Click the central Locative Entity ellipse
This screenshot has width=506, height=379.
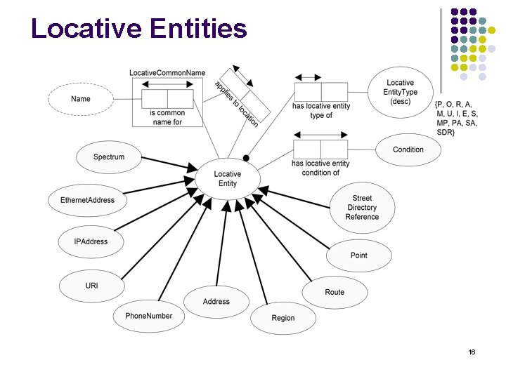[227, 179]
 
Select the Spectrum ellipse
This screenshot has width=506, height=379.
[109, 157]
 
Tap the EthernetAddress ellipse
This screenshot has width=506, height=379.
[87, 200]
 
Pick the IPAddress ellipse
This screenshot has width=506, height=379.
[91, 241]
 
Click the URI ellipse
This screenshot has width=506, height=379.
[91, 286]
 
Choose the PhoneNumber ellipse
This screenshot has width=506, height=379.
[148, 316]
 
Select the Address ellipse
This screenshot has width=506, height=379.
[216, 302]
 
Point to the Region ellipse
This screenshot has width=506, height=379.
[283, 318]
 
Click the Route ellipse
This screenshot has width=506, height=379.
[335, 292]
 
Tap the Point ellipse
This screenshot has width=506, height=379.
[358, 255]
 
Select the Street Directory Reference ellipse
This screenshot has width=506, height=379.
[362, 208]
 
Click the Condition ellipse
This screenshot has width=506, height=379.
[408, 149]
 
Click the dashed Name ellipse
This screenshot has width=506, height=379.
[81, 99]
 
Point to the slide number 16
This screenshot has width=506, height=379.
[472, 351]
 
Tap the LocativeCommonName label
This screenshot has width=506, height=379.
[167, 73]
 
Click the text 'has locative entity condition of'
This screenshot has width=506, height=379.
[320, 168]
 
